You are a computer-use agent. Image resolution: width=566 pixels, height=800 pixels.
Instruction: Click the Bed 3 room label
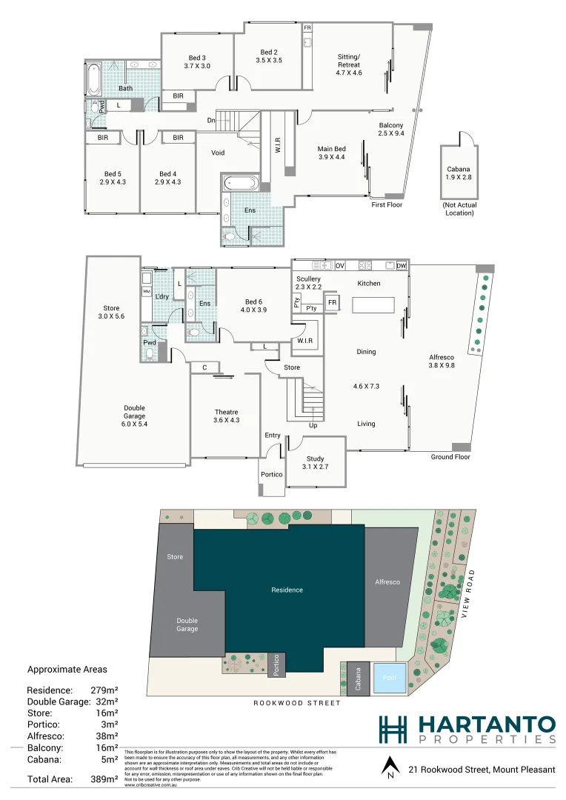pyautogui.click(x=197, y=62)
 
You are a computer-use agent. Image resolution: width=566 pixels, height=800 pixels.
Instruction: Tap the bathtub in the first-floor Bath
pyautogui.click(x=93, y=79)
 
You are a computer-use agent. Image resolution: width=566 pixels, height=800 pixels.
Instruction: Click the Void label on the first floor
pyautogui.click(x=218, y=153)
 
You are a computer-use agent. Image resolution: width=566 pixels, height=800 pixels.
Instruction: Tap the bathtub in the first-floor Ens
pyautogui.click(x=239, y=183)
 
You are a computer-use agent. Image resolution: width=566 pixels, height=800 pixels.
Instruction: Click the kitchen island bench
pyautogui.click(x=373, y=305)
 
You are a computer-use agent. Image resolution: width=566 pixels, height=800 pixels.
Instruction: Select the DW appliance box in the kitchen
pyautogui.click(x=401, y=265)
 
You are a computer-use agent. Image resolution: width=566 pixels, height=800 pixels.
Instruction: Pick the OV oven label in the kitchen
pyautogui.click(x=340, y=265)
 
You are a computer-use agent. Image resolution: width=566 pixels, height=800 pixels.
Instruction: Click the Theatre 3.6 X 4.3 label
pyautogui.click(x=226, y=416)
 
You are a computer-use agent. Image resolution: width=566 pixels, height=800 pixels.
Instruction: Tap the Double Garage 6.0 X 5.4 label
pyautogui.click(x=134, y=412)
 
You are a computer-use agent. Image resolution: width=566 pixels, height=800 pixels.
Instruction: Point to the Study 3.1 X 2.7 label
pyautogui.click(x=316, y=463)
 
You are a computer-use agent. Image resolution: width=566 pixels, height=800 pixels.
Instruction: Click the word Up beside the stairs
pyautogui.click(x=313, y=426)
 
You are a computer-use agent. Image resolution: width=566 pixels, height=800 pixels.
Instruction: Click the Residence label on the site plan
pyautogui.click(x=287, y=590)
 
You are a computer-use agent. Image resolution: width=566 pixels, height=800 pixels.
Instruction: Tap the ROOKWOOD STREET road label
pyautogui.click(x=297, y=703)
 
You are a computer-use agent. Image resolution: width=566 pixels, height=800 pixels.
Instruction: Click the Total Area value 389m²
pyautogui.click(x=104, y=779)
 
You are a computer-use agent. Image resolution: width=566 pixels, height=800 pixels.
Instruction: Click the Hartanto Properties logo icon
pyautogui.click(x=393, y=729)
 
